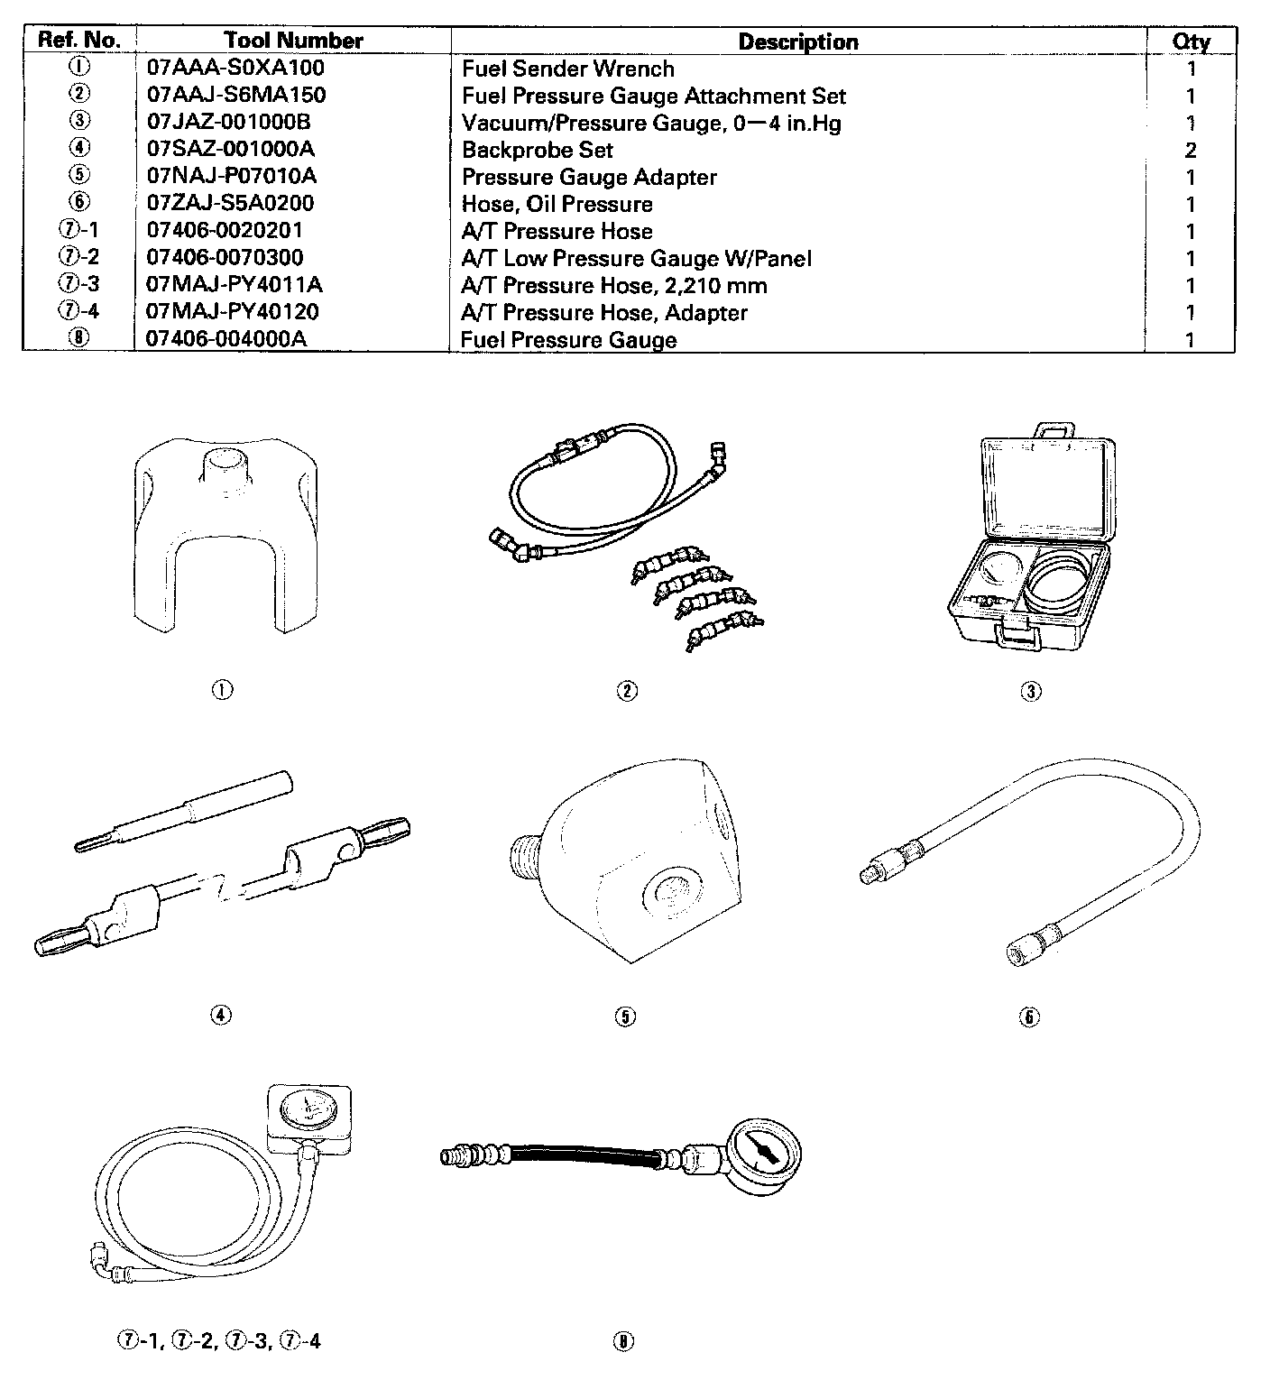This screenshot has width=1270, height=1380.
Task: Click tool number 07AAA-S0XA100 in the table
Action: [235, 68]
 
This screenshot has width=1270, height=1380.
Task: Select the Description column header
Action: [797, 41]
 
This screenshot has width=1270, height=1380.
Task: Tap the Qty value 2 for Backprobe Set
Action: [1191, 150]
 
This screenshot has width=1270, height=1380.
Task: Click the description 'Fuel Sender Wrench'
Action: [567, 69]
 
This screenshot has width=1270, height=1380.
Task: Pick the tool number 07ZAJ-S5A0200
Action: [230, 203]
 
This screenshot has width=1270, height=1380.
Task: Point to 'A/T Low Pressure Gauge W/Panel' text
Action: [636, 259]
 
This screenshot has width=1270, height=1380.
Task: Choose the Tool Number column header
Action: [293, 41]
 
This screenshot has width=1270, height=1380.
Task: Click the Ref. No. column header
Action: [79, 41]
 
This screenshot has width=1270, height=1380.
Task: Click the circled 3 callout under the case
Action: [1030, 692]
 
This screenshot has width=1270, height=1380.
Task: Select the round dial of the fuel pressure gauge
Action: [762, 1155]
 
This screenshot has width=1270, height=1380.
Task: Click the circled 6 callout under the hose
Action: [1029, 1017]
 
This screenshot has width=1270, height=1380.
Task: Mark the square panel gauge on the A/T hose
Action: [308, 1119]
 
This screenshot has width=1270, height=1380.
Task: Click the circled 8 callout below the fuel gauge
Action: [623, 1340]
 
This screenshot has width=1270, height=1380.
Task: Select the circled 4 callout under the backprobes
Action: [221, 1015]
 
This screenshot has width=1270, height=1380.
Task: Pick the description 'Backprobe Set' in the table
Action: [537, 150]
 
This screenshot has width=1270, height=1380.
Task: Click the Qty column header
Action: [1191, 41]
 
